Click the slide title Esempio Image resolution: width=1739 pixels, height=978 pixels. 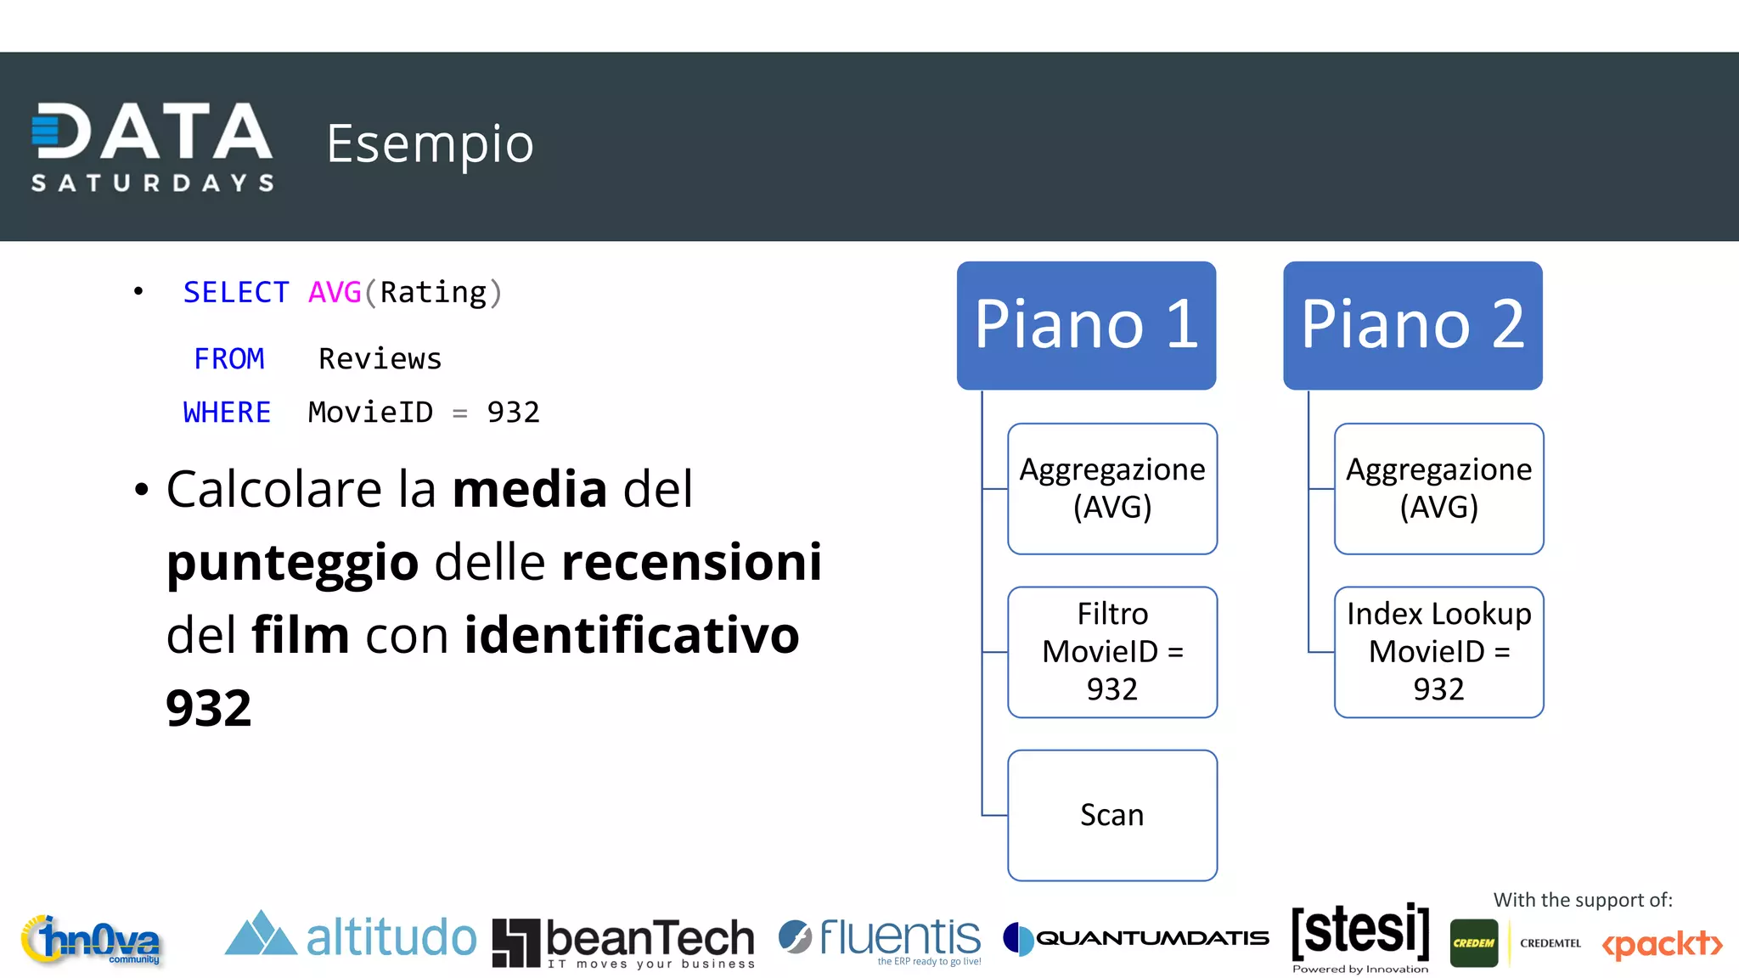point(430,143)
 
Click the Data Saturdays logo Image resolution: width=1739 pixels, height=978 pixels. point(153,146)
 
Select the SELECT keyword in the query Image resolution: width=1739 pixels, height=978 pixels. point(236,293)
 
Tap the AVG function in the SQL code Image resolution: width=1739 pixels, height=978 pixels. point(335,293)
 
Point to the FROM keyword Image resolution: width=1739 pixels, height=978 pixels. point(229,359)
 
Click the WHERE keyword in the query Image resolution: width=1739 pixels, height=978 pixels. point(227,413)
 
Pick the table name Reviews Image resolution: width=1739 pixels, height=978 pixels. point(380,359)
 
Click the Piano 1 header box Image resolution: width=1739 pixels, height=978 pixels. point(1086,325)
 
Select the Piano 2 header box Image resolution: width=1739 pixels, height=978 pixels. point(1412,325)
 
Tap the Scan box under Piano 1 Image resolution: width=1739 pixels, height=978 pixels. point(1111,815)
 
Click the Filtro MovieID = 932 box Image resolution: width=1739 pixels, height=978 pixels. point(1111,652)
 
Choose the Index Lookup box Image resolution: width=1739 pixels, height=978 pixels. point(1438,652)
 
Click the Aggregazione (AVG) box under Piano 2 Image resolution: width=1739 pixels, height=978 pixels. point(1438,489)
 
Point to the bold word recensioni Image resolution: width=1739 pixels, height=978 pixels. point(691,562)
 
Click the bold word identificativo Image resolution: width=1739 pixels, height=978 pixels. point(632,635)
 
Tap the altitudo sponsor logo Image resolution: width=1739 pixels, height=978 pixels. point(350,937)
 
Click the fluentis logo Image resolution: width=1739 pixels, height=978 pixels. point(880,939)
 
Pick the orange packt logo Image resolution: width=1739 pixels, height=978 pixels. point(1662,944)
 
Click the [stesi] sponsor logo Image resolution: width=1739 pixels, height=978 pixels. point(1360,934)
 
